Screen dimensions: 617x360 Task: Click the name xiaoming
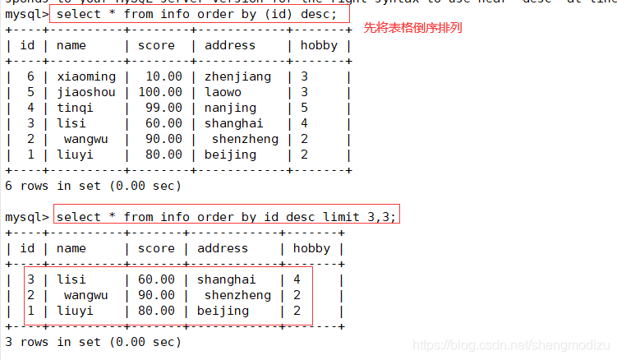[x=86, y=76]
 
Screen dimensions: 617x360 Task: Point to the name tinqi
[x=75, y=108]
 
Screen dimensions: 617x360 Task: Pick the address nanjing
[x=231, y=108]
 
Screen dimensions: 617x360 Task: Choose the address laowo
[x=223, y=92]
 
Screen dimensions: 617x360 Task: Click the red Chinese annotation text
[x=412, y=28]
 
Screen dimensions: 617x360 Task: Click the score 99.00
[x=160, y=108]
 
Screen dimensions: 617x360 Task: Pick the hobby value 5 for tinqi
[x=305, y=108]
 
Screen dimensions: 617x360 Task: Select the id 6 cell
[x=30, y=76]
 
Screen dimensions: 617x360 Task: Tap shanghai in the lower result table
[x=227, y=279]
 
